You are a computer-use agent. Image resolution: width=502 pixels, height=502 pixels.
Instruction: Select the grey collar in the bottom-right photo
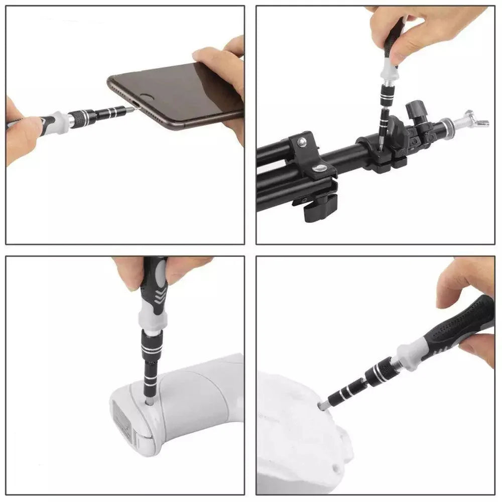(410, 353)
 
